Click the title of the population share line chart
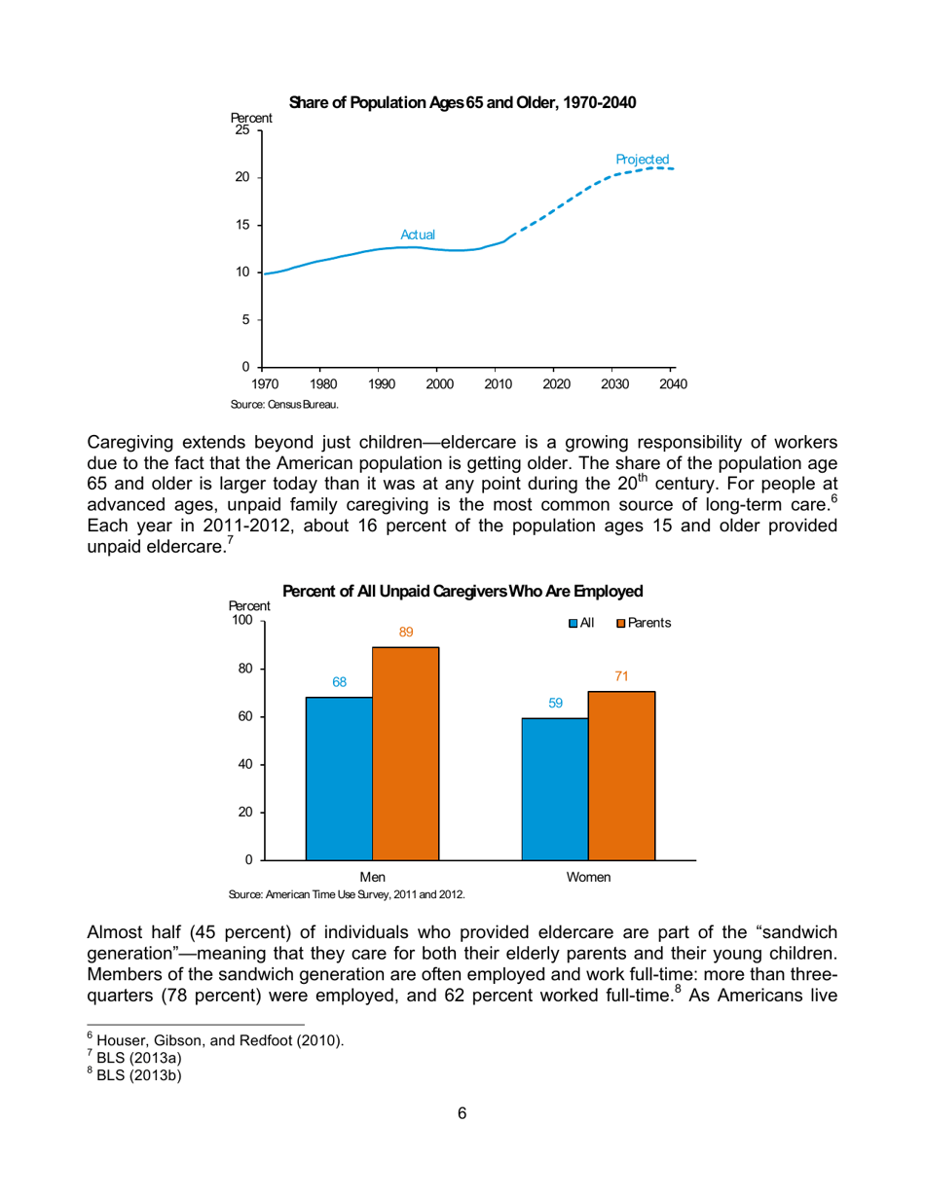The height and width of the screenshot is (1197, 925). [x=462, y=103]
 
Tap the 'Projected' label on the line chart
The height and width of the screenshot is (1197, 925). [x=642, y=159]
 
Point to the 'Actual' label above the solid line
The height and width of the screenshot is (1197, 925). [x=418, y=235]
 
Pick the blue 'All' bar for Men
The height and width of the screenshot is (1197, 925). [x=339, y=778]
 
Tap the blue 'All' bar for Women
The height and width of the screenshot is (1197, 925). [x=555, y=788]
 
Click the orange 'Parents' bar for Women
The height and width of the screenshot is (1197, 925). [x=621, y=775]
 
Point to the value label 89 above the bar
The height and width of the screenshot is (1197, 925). [x=406, y=633]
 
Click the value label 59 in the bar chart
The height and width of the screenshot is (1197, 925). [x=555, y=703]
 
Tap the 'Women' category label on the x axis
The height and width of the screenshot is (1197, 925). [x=588, y=877]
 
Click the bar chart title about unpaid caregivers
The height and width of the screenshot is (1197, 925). [x=462, y=591]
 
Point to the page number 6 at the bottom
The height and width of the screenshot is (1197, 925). [x=462, y=1142]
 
